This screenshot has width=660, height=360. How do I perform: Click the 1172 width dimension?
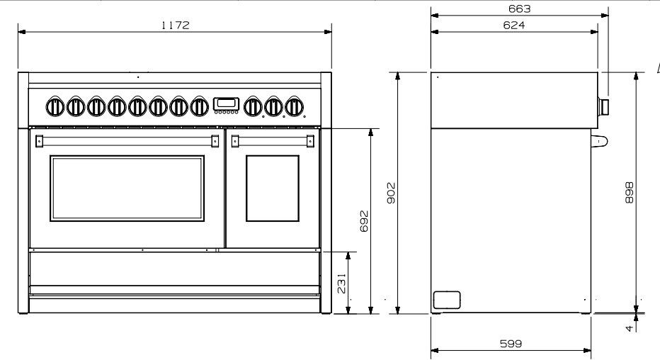[x=176, y=26]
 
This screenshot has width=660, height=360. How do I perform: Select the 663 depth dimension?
[x=519, y=9]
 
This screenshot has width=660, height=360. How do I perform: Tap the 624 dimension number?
[x=514, y=26]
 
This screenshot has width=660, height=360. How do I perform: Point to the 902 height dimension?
[x=392, y=193]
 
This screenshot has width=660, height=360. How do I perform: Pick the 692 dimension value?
[x=364, y=221]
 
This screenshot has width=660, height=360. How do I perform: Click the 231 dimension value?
[x=342, y=283]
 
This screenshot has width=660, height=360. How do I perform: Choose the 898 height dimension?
[x=630, y=193]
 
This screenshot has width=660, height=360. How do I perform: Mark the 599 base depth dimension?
[x=511, y=344]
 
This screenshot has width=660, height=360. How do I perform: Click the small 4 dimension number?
[x=630, y=327]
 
